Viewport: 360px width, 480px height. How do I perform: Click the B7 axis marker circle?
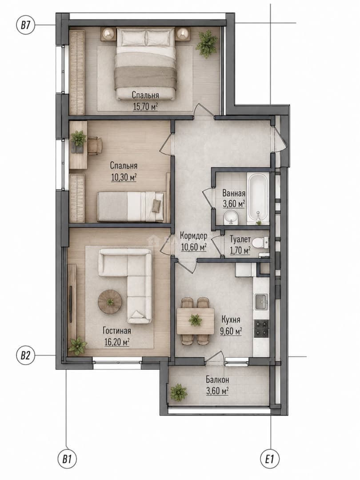(x=25, y=25)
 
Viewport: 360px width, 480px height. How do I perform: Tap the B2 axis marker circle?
(x=25, y=356)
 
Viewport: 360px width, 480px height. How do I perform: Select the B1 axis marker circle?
(x=67, y=459)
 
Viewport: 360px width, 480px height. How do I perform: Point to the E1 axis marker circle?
(x=270, y=459)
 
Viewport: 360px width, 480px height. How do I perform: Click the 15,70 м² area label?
(x=145, y=107)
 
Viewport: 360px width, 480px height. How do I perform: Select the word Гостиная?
(x=116, y=331)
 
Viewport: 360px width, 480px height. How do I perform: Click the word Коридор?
(x=193, y=236)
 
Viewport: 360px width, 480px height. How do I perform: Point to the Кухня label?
(x=231, y=320)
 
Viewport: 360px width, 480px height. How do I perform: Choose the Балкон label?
(x=217, y=380)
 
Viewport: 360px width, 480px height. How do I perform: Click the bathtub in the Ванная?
(x=257, y=197)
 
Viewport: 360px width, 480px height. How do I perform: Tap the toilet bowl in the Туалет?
(x=261, y=243)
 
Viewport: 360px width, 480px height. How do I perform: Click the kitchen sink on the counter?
(x=261, y=301)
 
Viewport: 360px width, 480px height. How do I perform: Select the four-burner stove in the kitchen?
(x=262, y=328)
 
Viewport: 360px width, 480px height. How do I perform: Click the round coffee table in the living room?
(x=110, y=302)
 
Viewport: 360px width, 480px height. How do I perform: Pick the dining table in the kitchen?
(x=195, y=321)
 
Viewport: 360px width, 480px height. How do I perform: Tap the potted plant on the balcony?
(x=178, y=392)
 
